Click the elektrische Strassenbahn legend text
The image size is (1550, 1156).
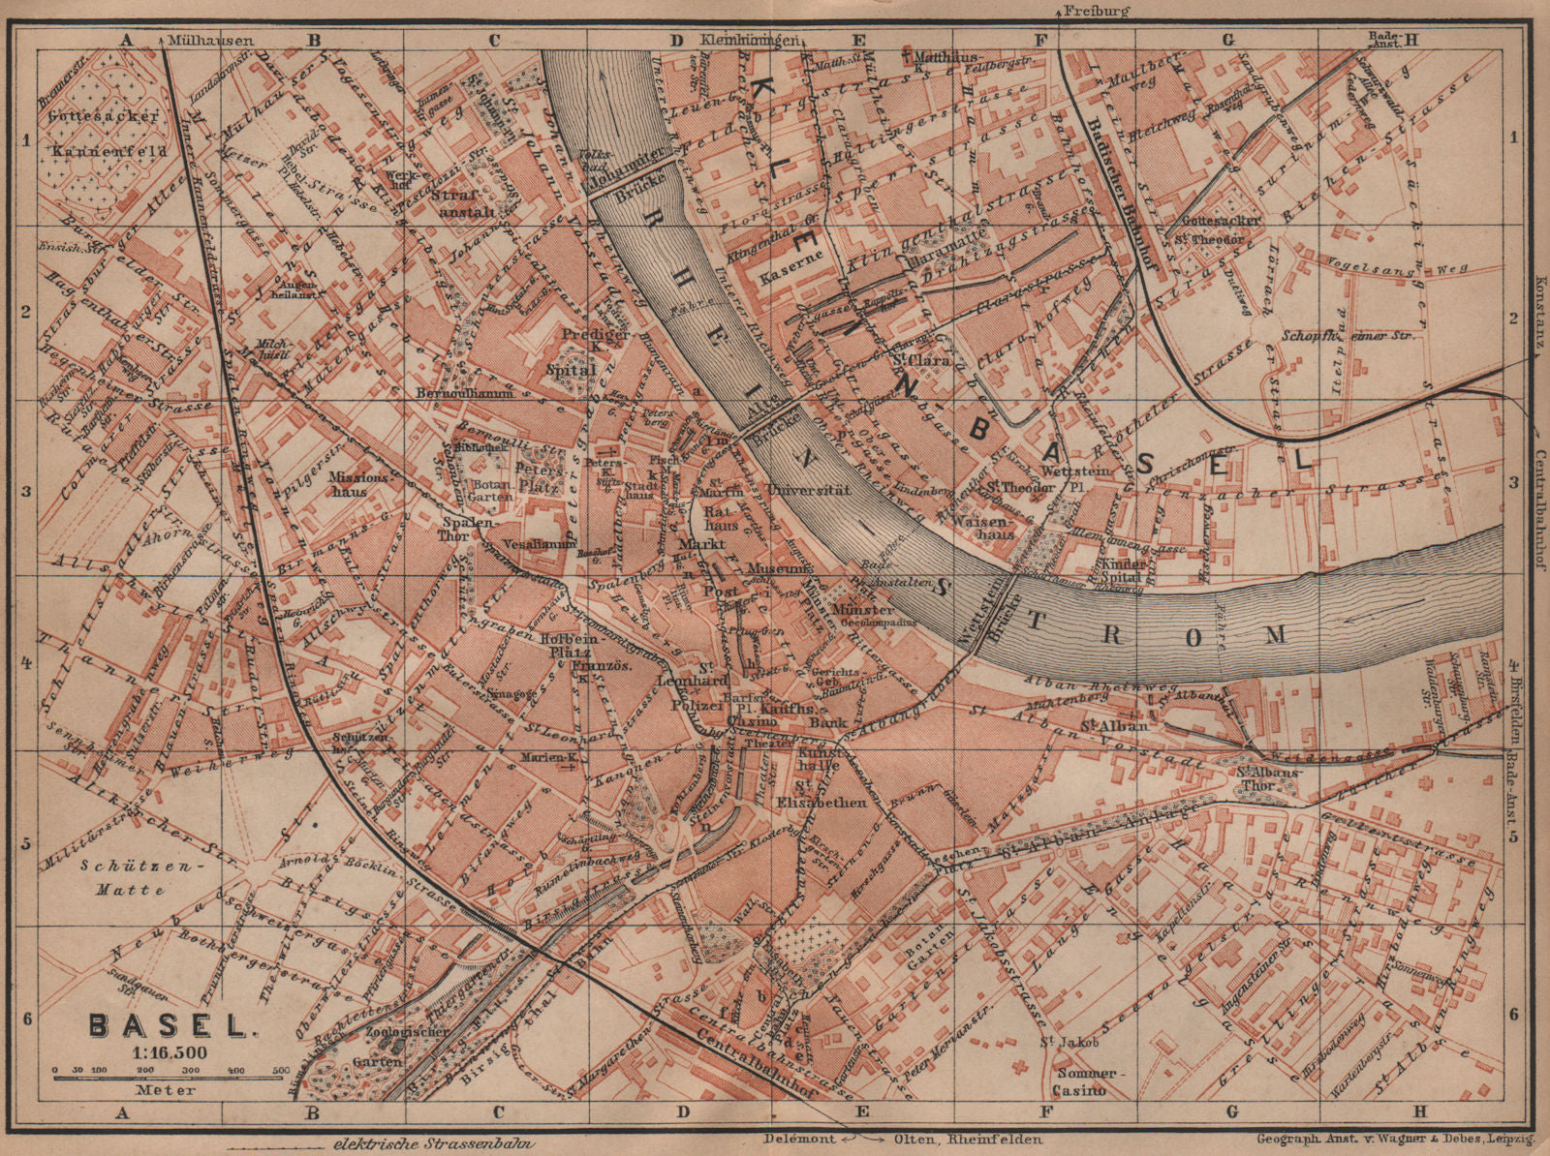433,1143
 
